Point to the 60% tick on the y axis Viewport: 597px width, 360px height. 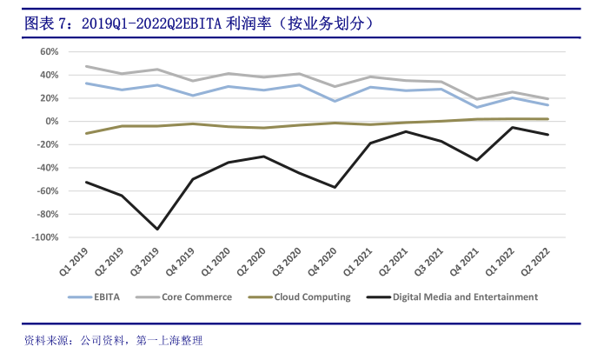coord(46,51)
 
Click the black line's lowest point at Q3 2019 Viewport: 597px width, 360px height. coord(157,230)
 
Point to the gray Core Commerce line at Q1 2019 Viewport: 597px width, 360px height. coord(86,66)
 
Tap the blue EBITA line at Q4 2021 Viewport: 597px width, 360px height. coord(477,107)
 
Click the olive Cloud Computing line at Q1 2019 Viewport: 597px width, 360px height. coord(86,133)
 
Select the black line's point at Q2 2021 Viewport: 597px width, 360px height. coord(407,131)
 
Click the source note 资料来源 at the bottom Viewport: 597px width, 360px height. coord(113,340)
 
